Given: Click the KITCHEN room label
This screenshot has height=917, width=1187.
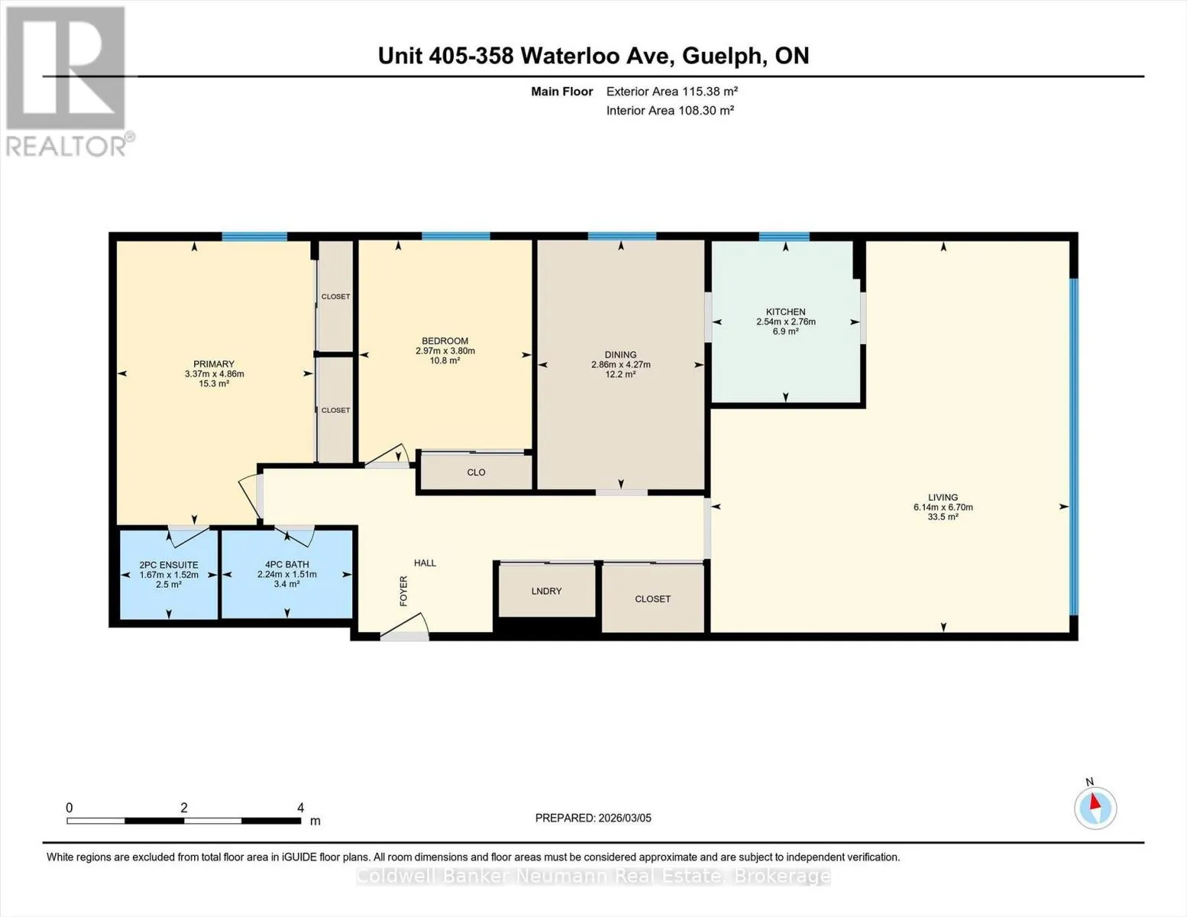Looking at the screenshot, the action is [786, 312].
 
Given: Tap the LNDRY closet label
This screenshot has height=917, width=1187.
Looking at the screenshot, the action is [546, 591].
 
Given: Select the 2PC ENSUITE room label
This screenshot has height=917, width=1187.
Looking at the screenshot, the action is [169, 565].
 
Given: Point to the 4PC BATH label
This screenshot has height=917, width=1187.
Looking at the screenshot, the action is [287, 565].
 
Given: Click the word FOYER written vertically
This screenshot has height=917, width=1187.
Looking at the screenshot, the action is [404, 591].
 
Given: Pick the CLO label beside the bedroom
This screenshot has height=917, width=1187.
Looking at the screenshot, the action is [476, 472].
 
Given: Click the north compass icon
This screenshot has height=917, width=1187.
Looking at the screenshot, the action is [1095, 808].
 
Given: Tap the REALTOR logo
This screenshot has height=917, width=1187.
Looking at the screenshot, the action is [68, 82].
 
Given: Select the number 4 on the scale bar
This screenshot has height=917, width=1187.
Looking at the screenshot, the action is [300, 808].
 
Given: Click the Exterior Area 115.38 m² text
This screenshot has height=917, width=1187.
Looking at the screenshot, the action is [672, 91].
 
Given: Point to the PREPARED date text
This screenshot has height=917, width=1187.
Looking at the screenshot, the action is [593, 818].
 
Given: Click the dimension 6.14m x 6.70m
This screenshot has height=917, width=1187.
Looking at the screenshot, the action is [943, 507].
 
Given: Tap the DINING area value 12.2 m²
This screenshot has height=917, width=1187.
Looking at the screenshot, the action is [621, 374].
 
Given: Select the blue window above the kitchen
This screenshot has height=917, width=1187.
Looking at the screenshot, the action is [784, 237].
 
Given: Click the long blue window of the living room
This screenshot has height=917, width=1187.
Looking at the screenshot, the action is [1073, 447].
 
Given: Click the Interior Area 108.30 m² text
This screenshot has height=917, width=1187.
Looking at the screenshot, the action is [670, 110].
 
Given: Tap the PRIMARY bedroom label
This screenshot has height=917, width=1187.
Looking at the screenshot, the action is [213, 365].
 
